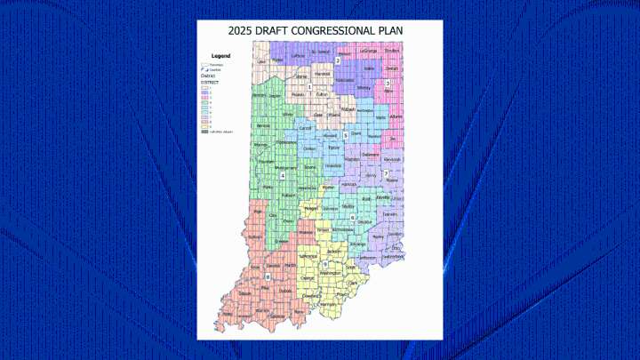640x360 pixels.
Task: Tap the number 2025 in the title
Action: coord(242,30)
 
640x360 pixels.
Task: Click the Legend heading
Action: coord(220,55)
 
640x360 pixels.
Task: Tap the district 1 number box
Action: coord(309,87)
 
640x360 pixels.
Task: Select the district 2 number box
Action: coord(338,60)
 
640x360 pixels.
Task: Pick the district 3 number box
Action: coord(388,83)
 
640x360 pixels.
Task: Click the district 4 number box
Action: coord(282,175)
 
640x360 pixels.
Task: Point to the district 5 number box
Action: coord(345,135)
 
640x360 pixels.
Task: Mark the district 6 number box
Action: coord(353,217)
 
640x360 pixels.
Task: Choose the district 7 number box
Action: coord(387,172)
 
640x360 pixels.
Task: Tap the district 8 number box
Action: coord(267,277)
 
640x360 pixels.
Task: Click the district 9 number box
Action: coord(325,263)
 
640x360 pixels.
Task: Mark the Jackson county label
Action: coord(332,252)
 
